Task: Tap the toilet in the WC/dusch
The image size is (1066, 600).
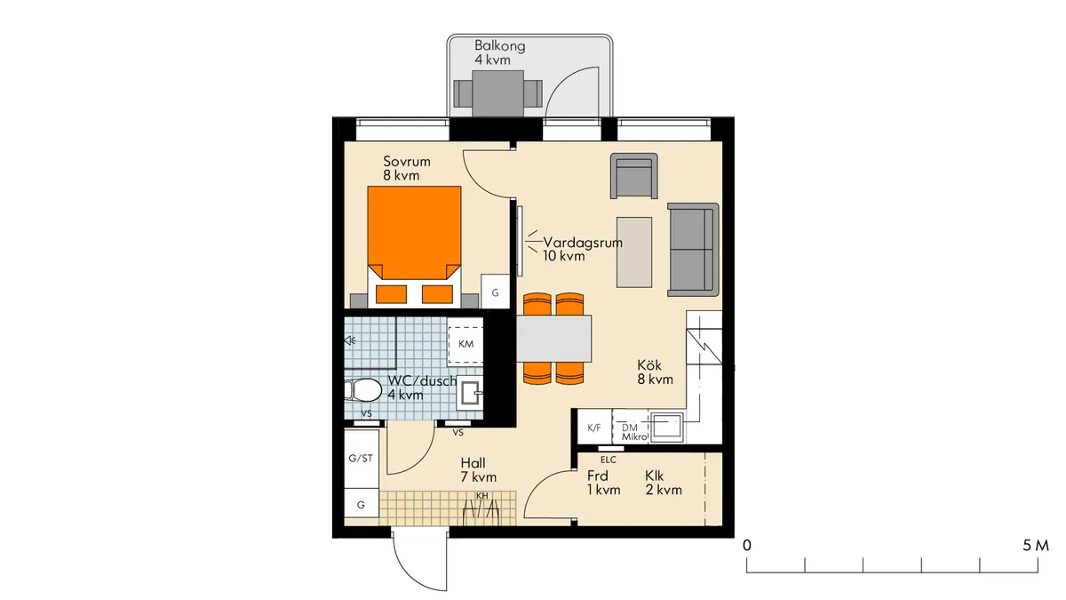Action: (x=363, y=391)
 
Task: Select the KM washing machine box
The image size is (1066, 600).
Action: (x=465, y=344)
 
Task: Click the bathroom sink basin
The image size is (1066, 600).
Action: (x=469, y=393)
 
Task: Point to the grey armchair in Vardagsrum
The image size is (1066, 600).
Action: (x=634, y=176)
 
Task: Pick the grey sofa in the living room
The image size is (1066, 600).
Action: (x=693, y=250)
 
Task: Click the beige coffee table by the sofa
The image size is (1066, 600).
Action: (x=634, y=252)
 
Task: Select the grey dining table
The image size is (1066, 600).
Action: (x=554, y=338)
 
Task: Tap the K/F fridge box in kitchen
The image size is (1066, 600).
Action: (x=594, y=428)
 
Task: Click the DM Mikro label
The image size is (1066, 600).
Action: (x=634, y=432)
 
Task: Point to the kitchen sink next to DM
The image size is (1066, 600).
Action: (x=666, y=427)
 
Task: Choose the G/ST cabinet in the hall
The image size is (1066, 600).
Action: (x=362, y=458)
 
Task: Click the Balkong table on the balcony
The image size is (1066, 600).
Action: (x=497, y=93)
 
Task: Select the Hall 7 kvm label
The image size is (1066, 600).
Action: (x=478, y=470)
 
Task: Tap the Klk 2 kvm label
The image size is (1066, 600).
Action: (x=664, y=483)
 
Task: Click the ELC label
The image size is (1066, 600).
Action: (x=609, y=460)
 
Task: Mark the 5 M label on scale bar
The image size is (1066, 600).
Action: (x=1036, y=546)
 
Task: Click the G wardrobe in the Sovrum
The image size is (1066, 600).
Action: (x=495, y=292)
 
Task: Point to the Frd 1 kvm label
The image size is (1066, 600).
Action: (x=603, y=483)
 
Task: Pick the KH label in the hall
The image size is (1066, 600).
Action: (x=482, y=496)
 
